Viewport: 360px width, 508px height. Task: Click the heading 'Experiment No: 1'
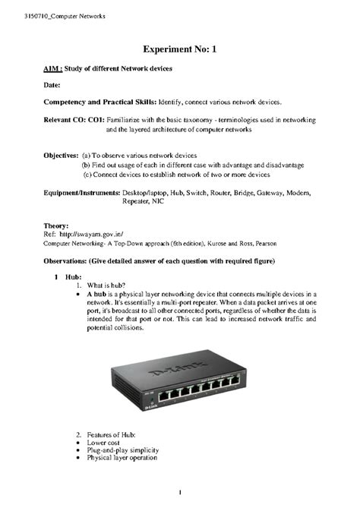pos(179,47)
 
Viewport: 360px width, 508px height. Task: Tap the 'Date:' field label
pos(52,86)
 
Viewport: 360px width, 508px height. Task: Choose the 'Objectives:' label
pos(60,154)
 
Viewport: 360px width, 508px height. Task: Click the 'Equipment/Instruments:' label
pos(81,194)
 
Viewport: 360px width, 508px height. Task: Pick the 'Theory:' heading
pos(56,226)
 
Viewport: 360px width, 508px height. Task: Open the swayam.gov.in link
pos(90,235)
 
